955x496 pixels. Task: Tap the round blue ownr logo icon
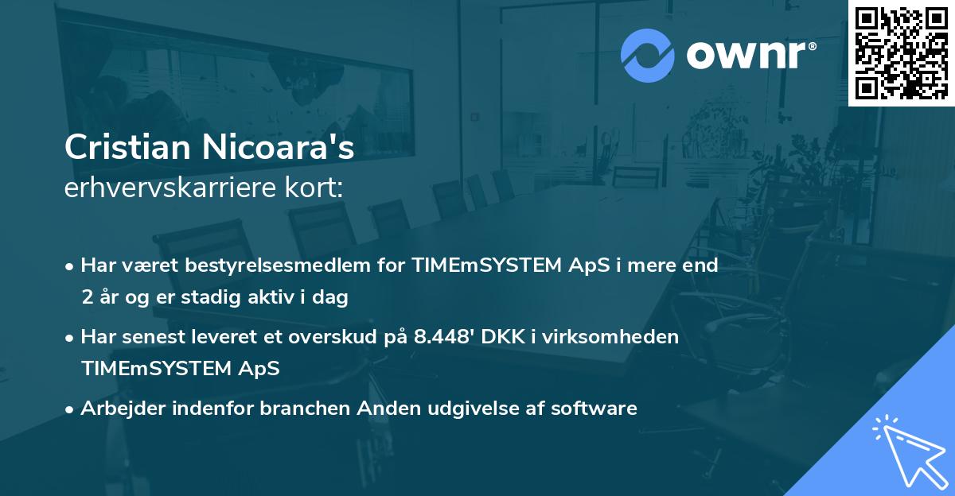click(x=648, y=55)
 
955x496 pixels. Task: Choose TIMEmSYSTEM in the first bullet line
click(x=475, y=265)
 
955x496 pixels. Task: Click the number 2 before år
click(x=86, y=298)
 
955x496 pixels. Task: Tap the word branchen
click(x=310, y=409)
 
